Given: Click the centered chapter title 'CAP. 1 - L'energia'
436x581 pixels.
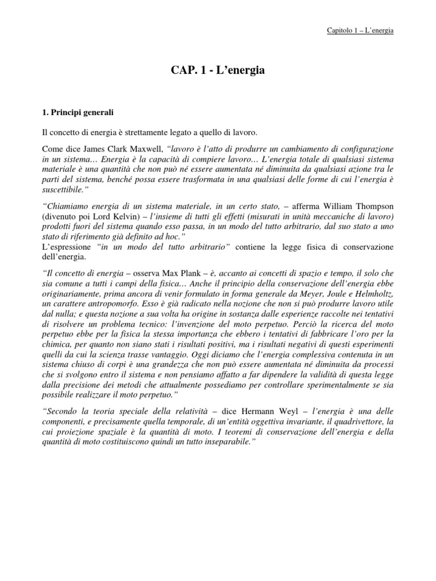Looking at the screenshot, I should point(218,70).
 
